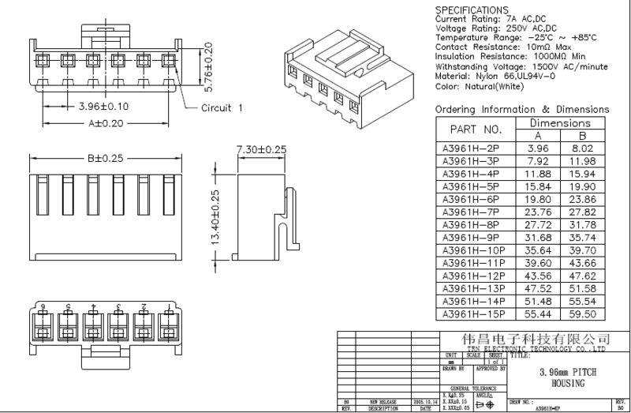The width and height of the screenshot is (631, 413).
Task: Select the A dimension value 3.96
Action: tap(537, 147)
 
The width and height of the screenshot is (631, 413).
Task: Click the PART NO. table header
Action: tap(476, 129)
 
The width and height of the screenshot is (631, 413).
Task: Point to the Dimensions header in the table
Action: tap(562, 123)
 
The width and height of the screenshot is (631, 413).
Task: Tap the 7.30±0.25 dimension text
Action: tap(261, 148)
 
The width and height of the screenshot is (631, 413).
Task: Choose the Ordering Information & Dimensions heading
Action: tap(521, 109)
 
